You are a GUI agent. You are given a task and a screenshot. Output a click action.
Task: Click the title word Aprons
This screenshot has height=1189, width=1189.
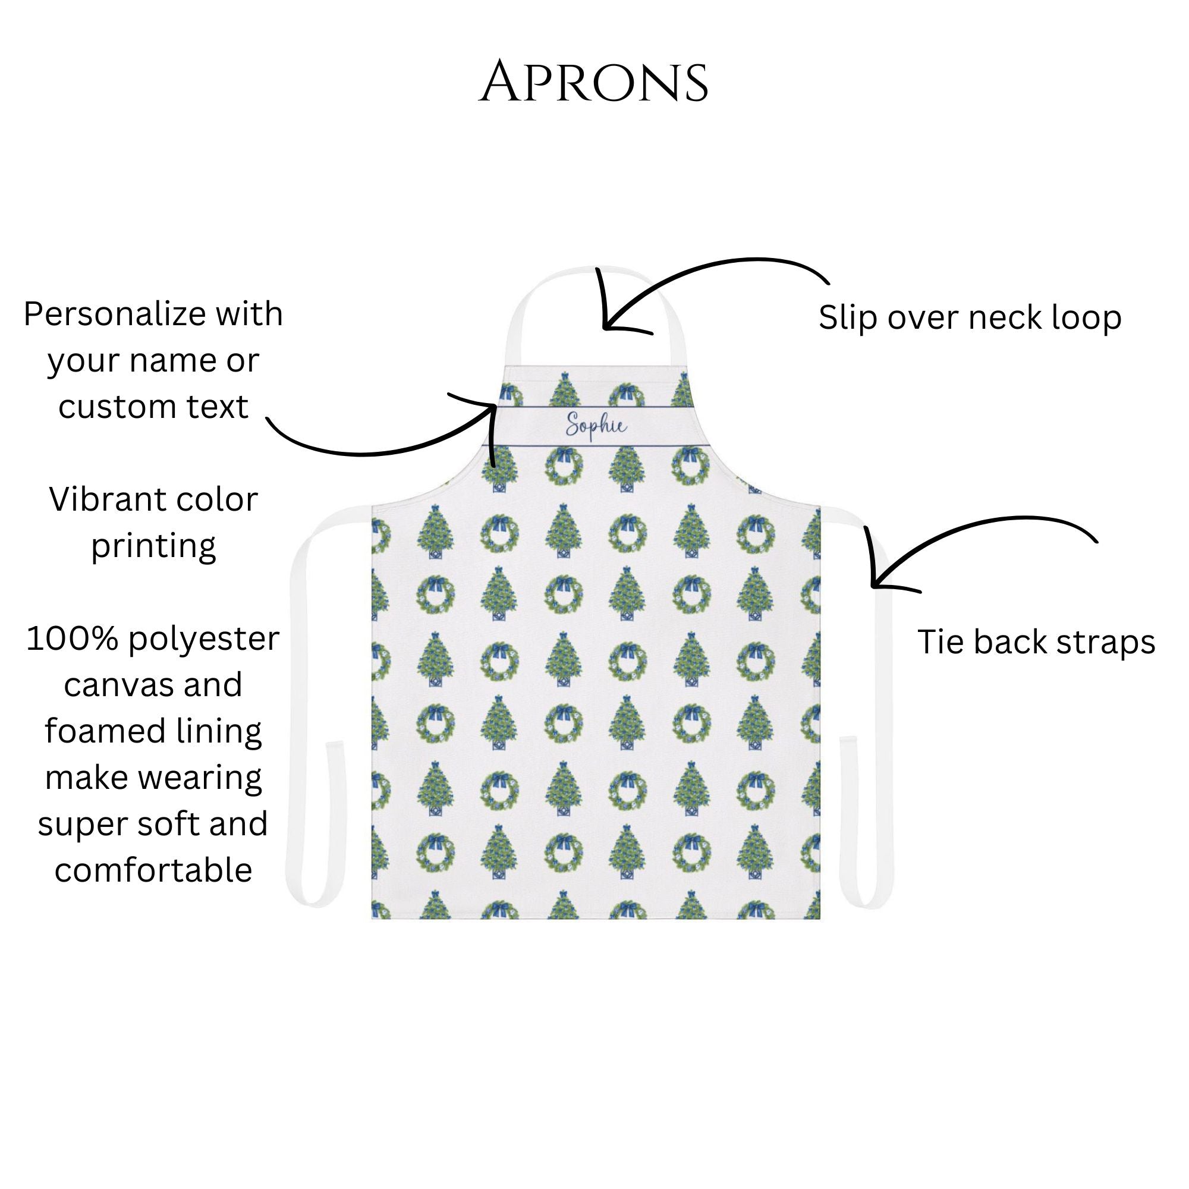594,83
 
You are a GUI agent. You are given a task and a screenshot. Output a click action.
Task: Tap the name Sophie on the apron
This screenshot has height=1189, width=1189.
596,426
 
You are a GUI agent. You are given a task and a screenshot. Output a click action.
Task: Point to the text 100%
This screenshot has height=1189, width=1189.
71,639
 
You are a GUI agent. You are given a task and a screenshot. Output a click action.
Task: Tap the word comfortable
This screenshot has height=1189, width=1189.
153,870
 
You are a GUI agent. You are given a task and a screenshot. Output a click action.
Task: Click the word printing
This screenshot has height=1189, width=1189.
153,546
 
